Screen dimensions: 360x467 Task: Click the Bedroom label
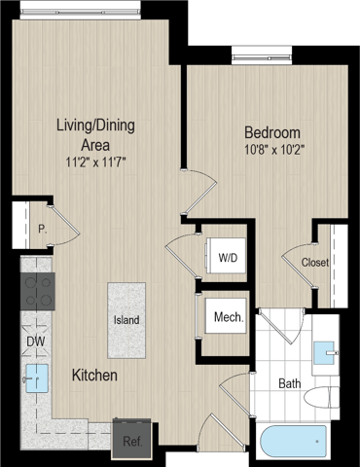(272, 132)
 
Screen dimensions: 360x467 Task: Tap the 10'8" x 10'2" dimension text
(274, 150)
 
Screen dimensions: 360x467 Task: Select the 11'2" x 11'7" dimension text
(95, 162)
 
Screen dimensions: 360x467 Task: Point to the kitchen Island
(126, 320)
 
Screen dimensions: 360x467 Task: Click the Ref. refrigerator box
(132, 438)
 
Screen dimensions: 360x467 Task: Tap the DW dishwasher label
(36, 341)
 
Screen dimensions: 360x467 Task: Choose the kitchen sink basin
(37, 377)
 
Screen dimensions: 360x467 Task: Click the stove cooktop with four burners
(38, 291)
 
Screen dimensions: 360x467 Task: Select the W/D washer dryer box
(226, 256)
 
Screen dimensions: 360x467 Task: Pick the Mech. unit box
(226, 316)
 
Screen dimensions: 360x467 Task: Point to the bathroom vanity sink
(325, 353)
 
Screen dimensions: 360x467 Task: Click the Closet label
(315, 262)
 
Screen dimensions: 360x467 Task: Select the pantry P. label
(43, 230)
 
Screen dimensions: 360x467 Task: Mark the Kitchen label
(94, 376)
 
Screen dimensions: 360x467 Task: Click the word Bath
(290, 383)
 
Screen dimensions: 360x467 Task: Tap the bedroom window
(262, 55)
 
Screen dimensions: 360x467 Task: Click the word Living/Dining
(95, 126)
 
